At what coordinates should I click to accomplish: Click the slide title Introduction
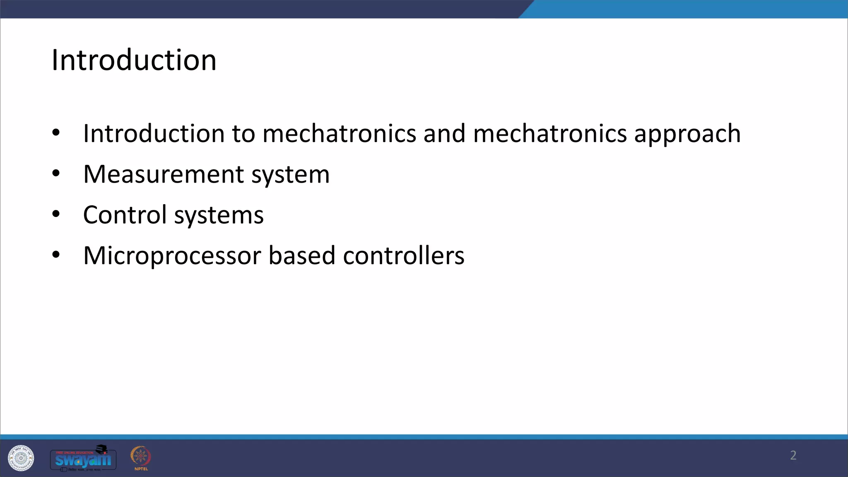point(134,60)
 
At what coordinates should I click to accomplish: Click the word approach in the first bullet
point(687,134)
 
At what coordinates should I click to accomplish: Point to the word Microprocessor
point(172,256)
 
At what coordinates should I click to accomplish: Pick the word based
point(301,255)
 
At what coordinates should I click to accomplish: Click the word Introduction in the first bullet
point(154,134)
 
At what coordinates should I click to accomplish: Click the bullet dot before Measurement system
point(56,174)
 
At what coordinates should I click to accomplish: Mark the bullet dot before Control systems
point(56,214)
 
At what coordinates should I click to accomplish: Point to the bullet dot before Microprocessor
point(56,255)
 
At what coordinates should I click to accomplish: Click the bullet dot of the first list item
point(56,133)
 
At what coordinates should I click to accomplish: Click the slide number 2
point(793,455)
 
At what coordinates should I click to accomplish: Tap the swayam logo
point(83,458)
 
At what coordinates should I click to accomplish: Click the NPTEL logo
point(141,458)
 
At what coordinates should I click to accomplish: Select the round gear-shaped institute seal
point(21,458)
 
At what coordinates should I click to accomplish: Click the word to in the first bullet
point(243,134)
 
